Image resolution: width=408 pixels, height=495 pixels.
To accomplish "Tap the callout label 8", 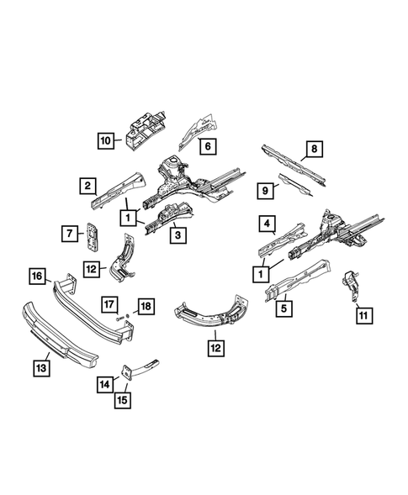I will tap(313, 150).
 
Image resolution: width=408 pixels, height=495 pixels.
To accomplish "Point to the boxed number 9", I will tap(266, 192).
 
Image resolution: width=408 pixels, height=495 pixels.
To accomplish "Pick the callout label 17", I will tap(109, 303).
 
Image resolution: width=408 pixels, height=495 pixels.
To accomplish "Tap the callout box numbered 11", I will tap(363, 316).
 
